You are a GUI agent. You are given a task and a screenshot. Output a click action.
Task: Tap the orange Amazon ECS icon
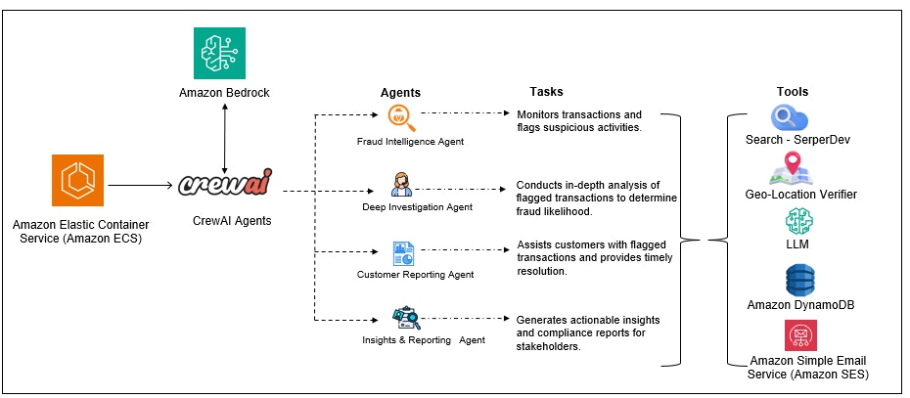tap(77, 181)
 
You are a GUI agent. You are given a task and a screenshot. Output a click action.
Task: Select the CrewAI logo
tap(226, 184)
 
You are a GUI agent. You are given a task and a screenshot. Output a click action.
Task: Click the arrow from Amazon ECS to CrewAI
tap(141, 184)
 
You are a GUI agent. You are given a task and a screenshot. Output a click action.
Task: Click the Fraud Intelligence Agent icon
tap(401, 118)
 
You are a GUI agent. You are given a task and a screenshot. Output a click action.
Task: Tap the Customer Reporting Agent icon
tap(402, 253)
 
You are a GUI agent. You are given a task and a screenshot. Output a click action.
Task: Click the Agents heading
tap(400, 92)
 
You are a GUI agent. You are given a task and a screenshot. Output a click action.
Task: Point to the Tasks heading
tap(546, 92)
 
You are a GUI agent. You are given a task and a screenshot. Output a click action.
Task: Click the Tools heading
tap(793, 92)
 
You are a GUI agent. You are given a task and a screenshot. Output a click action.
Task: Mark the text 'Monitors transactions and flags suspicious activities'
tap(579, 121)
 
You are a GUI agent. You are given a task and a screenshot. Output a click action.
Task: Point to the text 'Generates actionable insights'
tap(588, 320)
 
